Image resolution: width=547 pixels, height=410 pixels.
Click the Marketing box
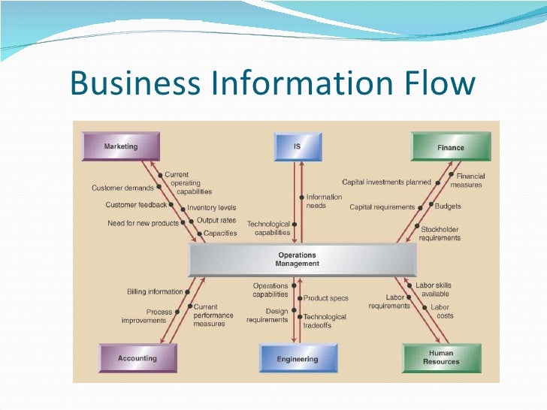point(121,146)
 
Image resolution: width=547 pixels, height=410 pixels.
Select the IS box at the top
point(298,147)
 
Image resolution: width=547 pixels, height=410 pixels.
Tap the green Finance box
point(450,147)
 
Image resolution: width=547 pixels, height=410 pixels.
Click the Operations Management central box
point(301,260)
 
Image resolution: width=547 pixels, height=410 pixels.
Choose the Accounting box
point(137,358)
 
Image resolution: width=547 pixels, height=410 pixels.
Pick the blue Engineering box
point(298,358)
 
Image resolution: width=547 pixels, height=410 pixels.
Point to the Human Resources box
point(441,357)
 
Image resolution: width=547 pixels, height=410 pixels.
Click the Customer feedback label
point(136,204)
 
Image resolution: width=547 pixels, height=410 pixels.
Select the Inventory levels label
point(211,207)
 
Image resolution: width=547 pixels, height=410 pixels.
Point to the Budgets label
point(447,206)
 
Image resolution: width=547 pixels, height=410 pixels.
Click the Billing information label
point(155,291)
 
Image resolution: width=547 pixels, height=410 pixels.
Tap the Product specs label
point(326,298)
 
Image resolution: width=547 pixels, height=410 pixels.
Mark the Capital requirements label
point(382,207)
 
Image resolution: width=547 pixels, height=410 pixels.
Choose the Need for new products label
point(144,223)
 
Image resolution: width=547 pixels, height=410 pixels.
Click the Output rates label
point(216,221)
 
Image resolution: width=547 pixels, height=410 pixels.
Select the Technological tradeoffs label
point(325,321)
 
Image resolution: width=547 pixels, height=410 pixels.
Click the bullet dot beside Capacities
point(198,233)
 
